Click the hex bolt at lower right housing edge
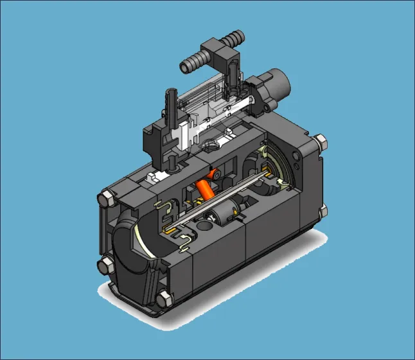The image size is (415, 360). (322, 209)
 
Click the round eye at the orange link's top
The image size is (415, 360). (216, 173)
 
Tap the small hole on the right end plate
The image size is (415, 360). (296, 155)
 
